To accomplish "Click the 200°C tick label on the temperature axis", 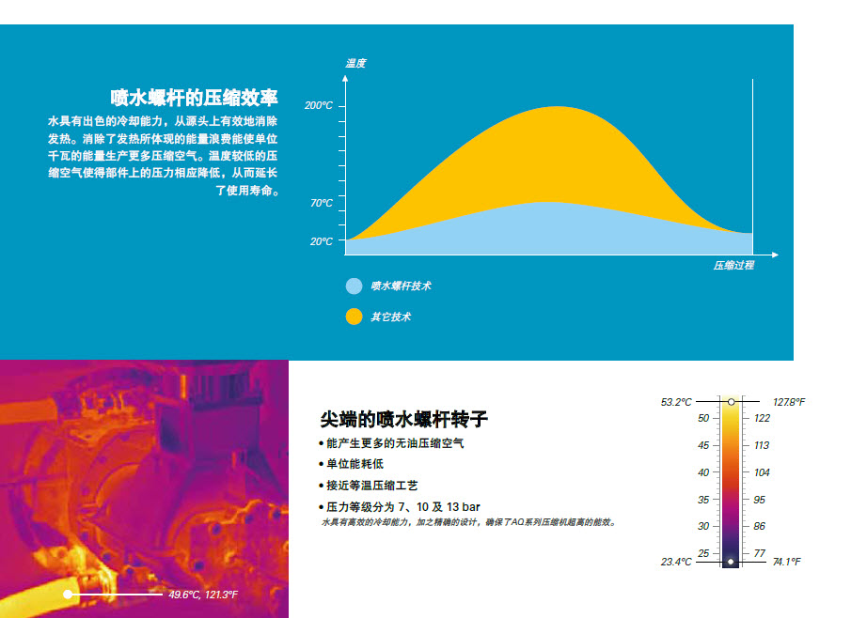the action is [319, 105].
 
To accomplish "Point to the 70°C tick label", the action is [322, 203].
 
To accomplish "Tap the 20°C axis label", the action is [322, 241].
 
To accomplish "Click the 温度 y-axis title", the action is [355, 64].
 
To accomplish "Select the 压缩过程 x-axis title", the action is [733, 265].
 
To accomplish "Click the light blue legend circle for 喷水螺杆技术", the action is [354, 286].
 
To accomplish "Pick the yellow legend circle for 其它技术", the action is [354, 317].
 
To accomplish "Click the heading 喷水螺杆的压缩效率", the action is [194, 98].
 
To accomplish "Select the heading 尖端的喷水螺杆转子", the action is [403, 419].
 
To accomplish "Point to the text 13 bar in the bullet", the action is [464, 507].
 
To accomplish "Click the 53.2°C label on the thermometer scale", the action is [676, 402].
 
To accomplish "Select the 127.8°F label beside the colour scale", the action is [789, 402].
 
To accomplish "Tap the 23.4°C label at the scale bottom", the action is [676, 562].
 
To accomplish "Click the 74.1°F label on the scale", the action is [787, 562].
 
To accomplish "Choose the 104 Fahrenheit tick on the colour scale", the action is [762, 472].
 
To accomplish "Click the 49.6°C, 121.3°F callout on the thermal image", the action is [203, 595].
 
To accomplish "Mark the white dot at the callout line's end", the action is [68, 595].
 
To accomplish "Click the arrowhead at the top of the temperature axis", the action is [345, 78].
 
